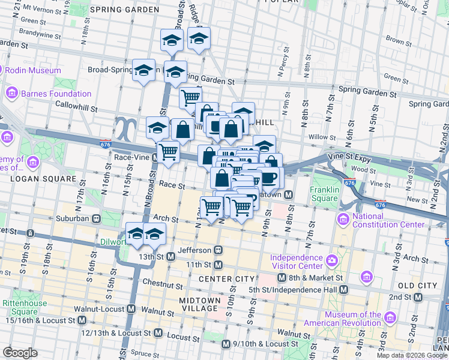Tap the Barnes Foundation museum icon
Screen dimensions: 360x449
point(11,94)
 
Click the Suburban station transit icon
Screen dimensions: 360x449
point(95,219)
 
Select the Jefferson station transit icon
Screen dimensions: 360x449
point(218,250)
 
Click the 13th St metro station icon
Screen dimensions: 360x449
point(170,257)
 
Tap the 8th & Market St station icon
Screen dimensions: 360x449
point(282,278)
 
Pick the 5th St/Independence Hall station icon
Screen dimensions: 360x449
point(343,290)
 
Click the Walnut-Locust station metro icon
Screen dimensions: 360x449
point(131,309)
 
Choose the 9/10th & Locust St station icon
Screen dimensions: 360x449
point(226,344)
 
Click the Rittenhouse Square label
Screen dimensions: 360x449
point(25,307)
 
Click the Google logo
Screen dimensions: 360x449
point(20,352)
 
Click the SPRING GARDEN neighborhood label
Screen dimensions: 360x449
point(125,10)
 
